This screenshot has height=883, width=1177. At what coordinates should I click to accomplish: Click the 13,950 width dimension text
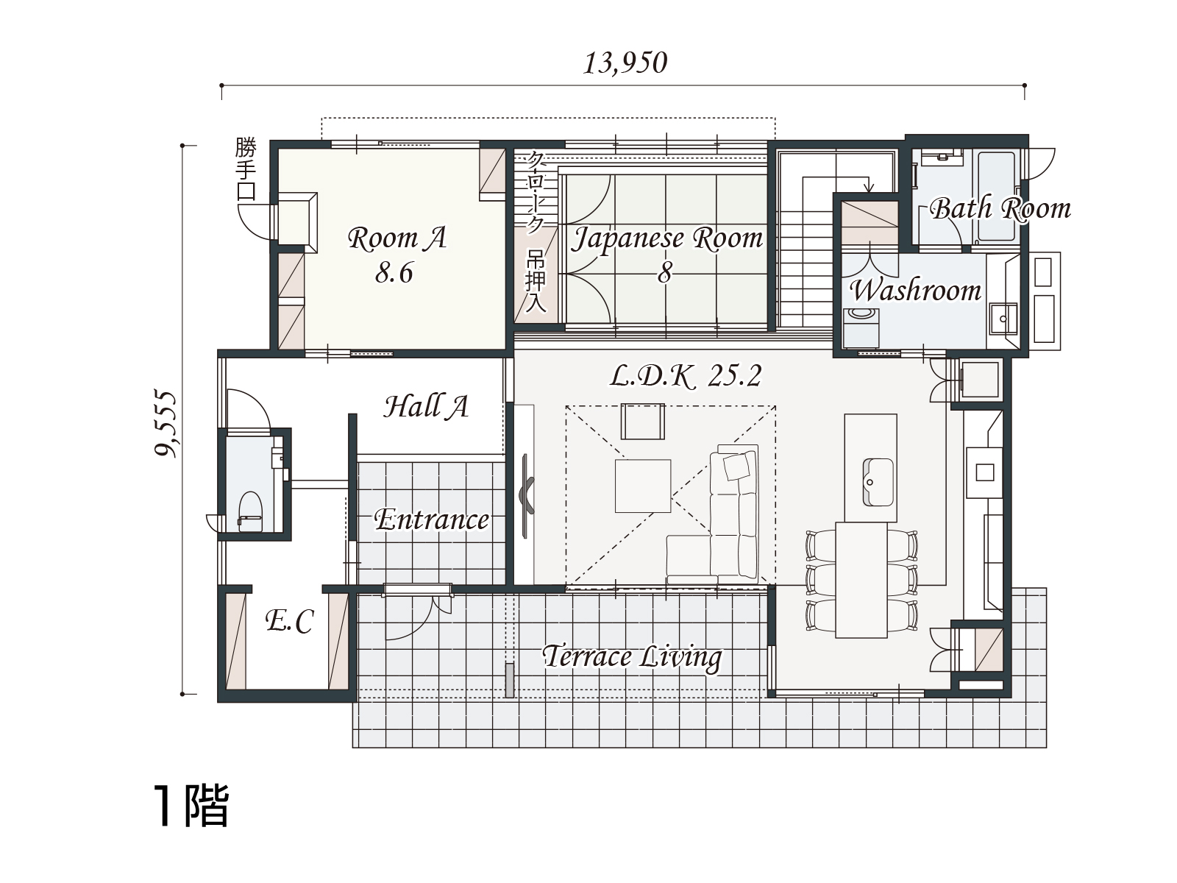(x=625, y=63)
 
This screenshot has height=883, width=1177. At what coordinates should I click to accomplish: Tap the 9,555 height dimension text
(x=166, y=424)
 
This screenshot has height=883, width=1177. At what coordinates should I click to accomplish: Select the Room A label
(x=397, y=238)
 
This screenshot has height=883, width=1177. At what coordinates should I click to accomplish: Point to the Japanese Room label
(x=666, y=238)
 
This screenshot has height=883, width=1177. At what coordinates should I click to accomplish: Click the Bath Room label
(x=1000, y=208)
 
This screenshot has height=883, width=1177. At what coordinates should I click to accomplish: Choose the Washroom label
(x=915, y=291)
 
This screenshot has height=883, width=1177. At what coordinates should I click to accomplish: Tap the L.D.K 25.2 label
(x=686, y=376)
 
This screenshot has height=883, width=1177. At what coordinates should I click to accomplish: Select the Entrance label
(x=432, y=520)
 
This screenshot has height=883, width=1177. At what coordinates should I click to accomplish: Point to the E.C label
(x=290, y=621)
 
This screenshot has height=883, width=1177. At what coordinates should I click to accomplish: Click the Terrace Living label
(x=632, y=657)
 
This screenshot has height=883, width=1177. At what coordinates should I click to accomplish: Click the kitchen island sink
(x=878, y=482)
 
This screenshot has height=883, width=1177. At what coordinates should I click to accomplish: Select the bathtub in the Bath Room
(x=996, y=196)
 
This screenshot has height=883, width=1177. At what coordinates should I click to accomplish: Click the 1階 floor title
(x=191, y=805)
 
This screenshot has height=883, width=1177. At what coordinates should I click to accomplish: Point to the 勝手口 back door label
(x=246, y=169)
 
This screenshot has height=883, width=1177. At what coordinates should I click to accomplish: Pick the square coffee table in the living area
(x=643, y=486)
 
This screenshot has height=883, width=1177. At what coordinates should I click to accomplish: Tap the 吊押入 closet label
(x=535, y=282)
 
